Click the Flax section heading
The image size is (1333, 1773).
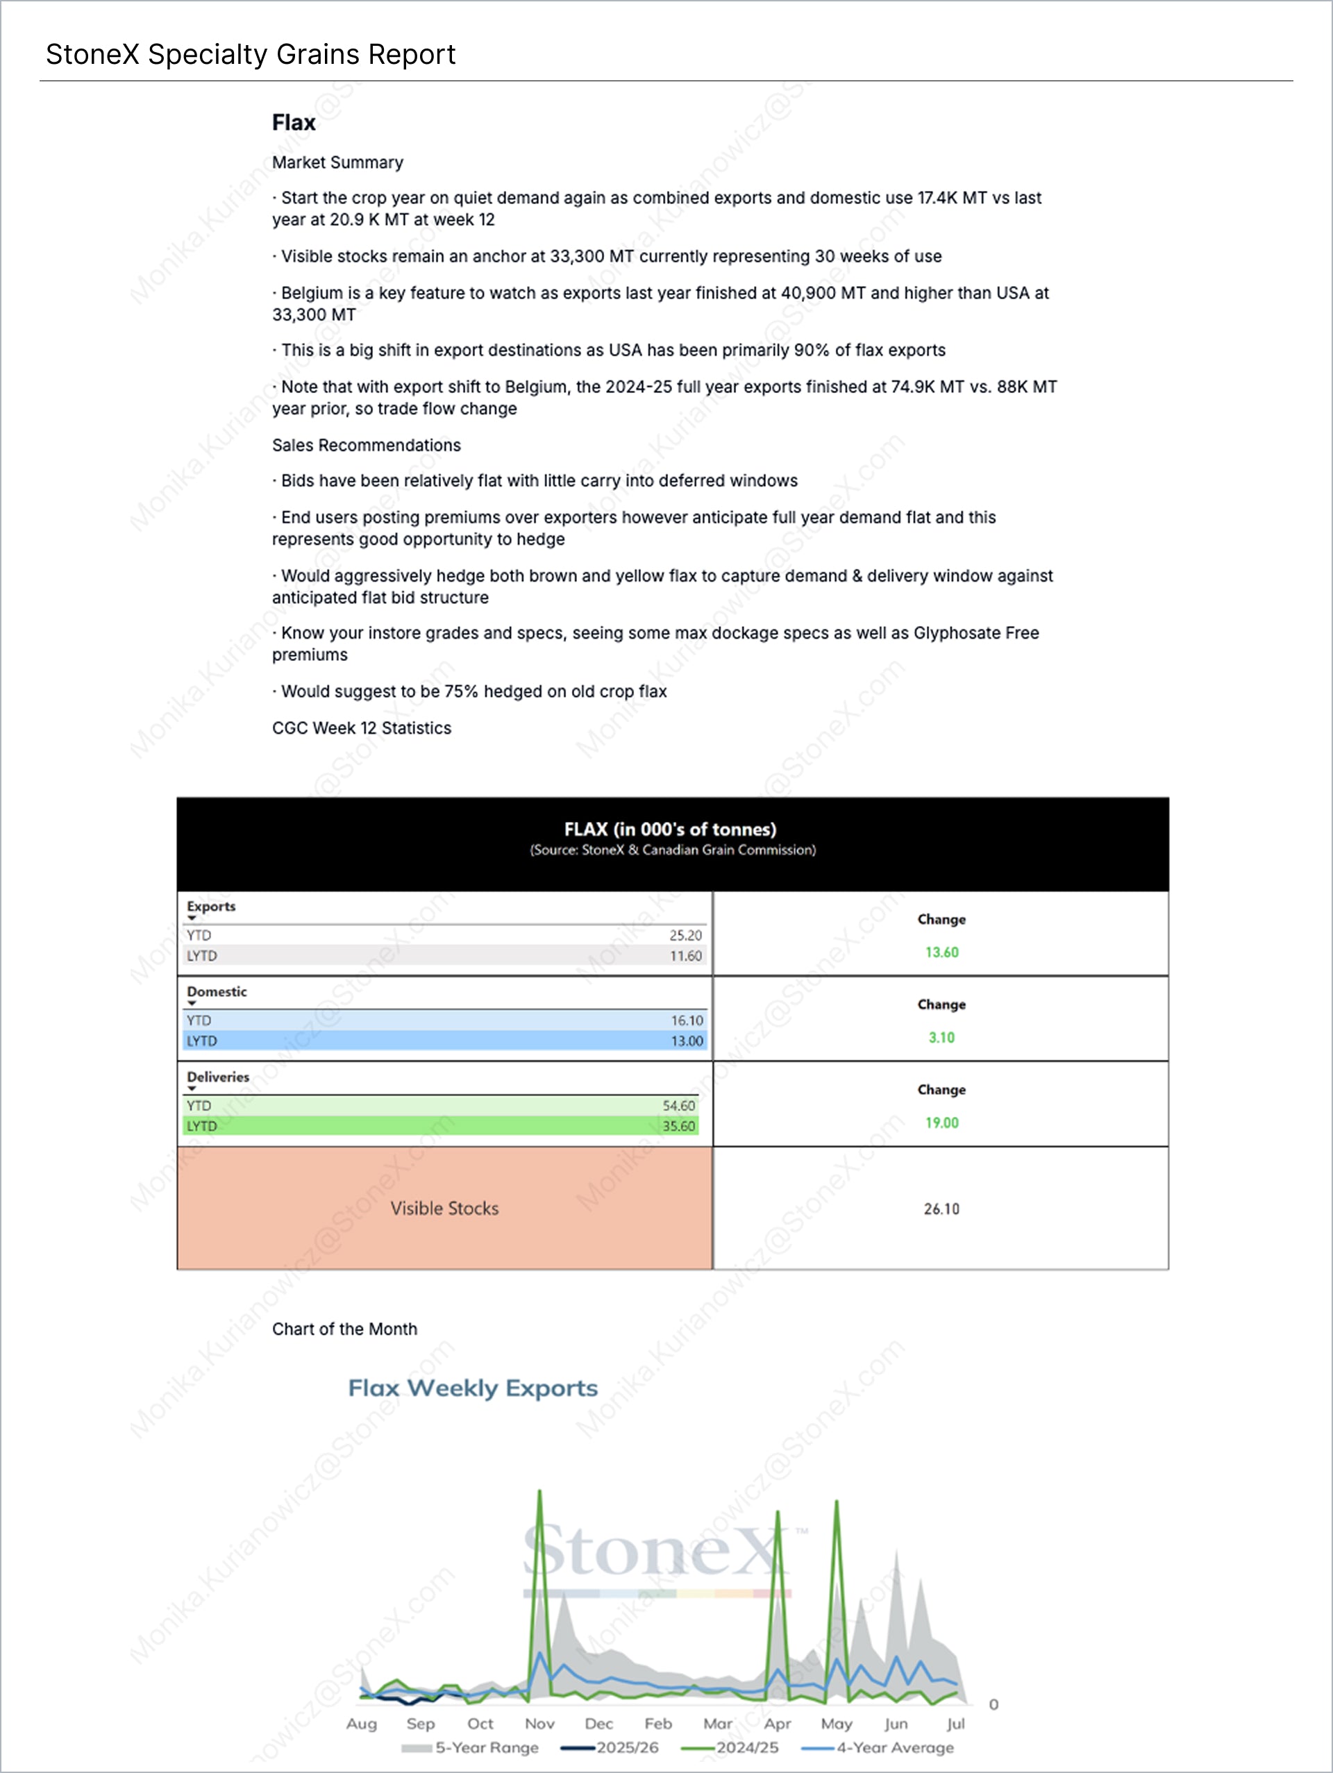[294, 123]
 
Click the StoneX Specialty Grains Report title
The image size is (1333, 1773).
[250, 55]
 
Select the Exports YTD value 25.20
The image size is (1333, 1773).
[685, 935]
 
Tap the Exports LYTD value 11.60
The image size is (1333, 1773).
[685, 955]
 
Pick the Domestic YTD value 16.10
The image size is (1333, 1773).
[687, 1020]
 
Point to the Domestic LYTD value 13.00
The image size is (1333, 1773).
[687, 1041]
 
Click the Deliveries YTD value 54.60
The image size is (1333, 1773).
[678, 1105]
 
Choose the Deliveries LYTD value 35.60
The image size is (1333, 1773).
[678, 1125]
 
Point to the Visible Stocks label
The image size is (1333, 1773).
[444, 1208]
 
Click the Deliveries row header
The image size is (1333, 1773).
[218, 1077]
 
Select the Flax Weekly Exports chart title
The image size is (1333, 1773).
[473, 1388]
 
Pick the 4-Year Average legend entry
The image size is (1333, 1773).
[894, 1747]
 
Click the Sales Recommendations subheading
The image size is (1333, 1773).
[367, 445]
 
